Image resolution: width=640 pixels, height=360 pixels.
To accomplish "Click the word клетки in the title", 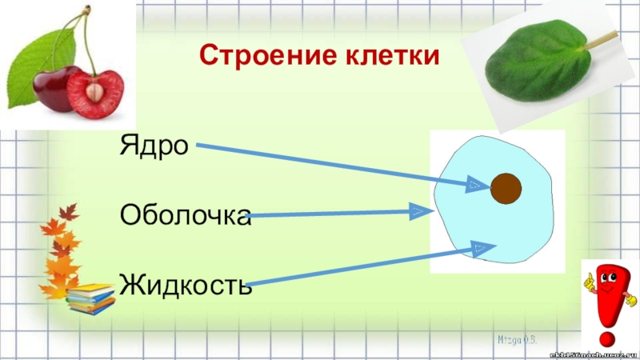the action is (x=392, y=57).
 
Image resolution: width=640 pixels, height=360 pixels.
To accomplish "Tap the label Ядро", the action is (x=154, y=146).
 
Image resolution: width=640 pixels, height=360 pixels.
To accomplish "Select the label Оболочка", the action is (x=185, y=214).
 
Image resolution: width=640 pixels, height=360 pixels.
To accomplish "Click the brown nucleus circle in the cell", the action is (x=506, y=189).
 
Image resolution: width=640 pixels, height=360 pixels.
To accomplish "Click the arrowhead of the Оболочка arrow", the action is (x=418, y=212).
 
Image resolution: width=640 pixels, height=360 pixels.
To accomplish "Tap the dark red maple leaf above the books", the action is (x=69, y=212).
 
